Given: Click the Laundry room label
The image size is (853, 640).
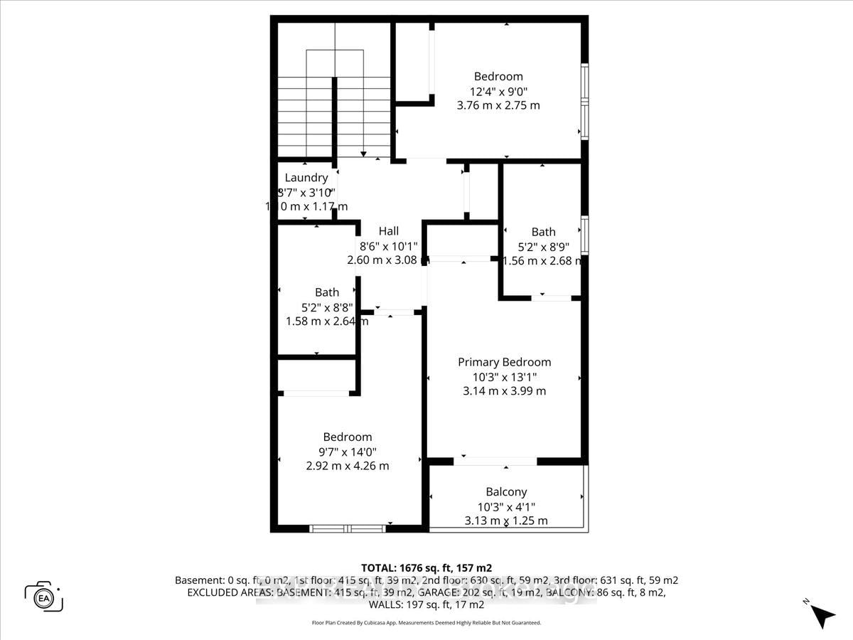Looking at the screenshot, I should (306, 178).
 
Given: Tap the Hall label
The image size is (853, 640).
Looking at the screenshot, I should (389, 231).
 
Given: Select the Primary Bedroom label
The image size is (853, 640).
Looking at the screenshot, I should (504, 362).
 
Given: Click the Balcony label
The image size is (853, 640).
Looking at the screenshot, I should (506, 492).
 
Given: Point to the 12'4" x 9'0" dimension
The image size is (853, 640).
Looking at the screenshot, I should (498, 91).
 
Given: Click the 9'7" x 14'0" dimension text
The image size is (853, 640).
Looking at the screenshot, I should (348, 452).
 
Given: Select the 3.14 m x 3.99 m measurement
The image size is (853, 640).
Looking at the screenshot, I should (504, 391).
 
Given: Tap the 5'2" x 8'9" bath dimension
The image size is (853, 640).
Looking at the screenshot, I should (544, 247).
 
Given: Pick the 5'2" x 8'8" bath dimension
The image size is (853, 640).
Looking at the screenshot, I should (327, 307).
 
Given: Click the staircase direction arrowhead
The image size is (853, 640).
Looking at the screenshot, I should (363, 154).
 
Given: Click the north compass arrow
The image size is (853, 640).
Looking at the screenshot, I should (822, 614).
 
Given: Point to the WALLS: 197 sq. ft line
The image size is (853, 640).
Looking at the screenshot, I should (426, 605).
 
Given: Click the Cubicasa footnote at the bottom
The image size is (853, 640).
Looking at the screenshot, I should (426, 623).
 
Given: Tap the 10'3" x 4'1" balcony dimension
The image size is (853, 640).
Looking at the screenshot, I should (506, 506).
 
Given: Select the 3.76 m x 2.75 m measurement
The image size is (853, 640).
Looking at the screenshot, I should (498, 105).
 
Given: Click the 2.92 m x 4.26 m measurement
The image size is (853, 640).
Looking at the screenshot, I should (348, 466).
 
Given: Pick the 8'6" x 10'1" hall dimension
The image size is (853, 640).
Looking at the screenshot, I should (389, 246).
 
